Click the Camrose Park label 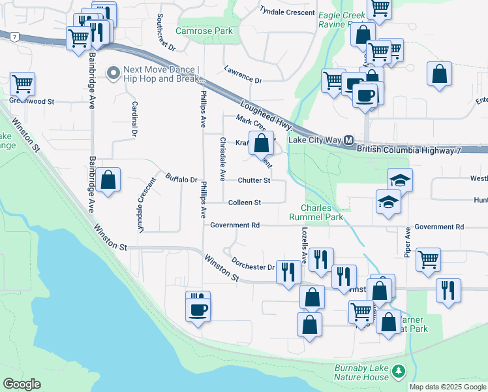click(204, 31)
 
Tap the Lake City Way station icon click(349, 140)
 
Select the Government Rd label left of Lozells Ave click(235, 225)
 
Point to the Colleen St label click(245, 203)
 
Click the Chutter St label click(254, 180)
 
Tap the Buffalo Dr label click(181, 178)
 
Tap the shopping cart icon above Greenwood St click(22, 83)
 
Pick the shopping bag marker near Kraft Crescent click(262, 142)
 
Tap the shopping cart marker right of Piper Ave click(428, 259)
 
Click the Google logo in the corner click(22, 384)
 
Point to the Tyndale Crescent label click(287, 12)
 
